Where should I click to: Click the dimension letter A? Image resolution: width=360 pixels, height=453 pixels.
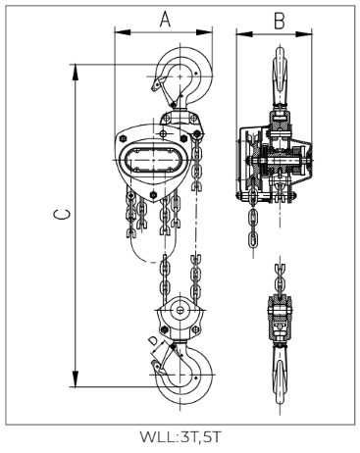tap(165, 19)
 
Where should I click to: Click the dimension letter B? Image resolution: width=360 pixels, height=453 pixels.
tap(280, 21)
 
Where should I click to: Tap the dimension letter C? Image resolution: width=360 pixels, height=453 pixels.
tap(62, 215)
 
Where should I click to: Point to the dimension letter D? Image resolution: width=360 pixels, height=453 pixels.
tap(153, 341)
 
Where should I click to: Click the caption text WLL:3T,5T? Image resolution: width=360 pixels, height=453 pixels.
tap(180, 437)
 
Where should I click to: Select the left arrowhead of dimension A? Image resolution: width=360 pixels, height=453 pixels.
tap(123, 32)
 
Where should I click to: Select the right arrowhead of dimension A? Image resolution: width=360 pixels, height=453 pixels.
tap(204, 32)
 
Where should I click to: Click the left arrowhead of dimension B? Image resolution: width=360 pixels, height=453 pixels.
tap(244, 33)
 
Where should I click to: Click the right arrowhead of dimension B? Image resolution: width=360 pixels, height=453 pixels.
tap(304, 33)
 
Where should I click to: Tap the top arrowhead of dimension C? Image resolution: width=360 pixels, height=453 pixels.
tap(76, 72)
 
